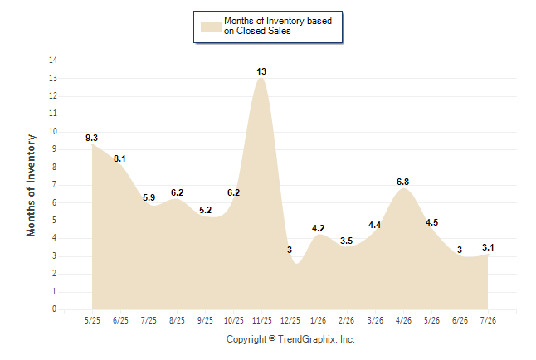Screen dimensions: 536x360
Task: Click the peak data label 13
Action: tap(261, 71)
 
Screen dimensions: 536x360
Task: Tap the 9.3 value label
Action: tap(91, 138)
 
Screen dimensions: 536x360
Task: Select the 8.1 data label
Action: tap(119, 158)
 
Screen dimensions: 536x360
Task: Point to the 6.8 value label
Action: tap(402, 182)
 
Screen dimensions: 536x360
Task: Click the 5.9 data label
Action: tap(149, 197)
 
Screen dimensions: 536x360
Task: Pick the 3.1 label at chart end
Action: tap(488, 247)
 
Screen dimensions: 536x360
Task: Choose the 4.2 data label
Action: tap(318, 228)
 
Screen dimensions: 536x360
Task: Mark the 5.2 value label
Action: tap(206, 210)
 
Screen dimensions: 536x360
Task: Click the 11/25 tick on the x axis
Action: tap(262, 320)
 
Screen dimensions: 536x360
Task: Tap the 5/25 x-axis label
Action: tap(92, 320)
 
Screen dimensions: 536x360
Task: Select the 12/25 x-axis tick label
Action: tap(290, 320)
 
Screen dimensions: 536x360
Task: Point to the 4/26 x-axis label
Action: tap(403, 320)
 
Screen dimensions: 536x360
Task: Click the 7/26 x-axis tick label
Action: tap(488, 320)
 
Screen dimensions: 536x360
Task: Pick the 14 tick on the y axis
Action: tap(53, 61)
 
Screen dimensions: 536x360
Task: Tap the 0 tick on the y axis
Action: tap(55, 309)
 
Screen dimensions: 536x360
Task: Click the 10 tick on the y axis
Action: tap(53, 132)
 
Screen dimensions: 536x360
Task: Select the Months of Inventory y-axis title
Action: tap(31, 185)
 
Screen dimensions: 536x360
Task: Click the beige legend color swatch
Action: tap(211, 27)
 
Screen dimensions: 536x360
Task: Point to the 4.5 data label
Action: tap(431, 222)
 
